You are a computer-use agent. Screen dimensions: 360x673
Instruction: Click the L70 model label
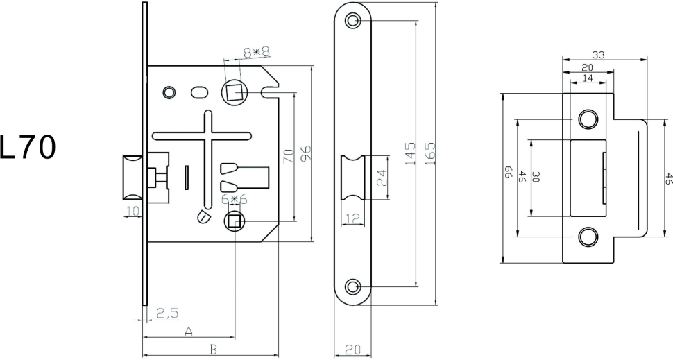28,147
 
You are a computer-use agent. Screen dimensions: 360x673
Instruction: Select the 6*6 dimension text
234,200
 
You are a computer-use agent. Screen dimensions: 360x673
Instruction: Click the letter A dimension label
189,332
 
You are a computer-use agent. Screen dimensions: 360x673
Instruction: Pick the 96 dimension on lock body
304,154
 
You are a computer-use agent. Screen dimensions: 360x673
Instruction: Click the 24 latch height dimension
382,178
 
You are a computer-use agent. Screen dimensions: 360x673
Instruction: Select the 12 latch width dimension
353,219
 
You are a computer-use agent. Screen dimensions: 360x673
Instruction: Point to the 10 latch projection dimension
132,210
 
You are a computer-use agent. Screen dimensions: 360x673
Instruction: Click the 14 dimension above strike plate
587,78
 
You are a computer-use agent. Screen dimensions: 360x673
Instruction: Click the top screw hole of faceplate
354,21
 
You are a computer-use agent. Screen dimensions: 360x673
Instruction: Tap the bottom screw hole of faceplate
354,286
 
